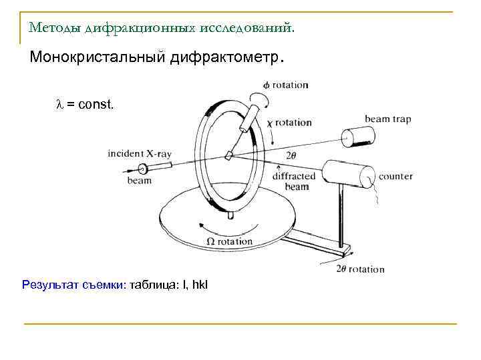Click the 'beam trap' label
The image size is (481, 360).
387,119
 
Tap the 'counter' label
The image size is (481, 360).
395,177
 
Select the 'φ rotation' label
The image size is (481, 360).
285,85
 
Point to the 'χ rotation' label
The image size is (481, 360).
289,123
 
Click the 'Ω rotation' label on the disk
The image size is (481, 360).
230,241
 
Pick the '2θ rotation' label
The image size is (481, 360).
361,269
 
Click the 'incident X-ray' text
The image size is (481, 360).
140,154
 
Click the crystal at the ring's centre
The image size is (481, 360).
229,155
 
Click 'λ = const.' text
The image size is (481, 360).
85,105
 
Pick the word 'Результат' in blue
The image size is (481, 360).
47,285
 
